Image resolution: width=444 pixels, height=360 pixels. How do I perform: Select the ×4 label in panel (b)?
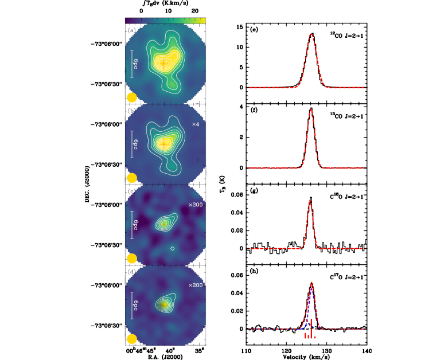195,124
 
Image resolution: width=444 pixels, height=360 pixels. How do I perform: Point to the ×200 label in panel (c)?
196,205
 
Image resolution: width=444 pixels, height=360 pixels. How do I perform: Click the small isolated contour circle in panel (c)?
172,249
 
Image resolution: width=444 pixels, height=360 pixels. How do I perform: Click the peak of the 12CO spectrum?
311,34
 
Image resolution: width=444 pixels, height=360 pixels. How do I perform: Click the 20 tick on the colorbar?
194,11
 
